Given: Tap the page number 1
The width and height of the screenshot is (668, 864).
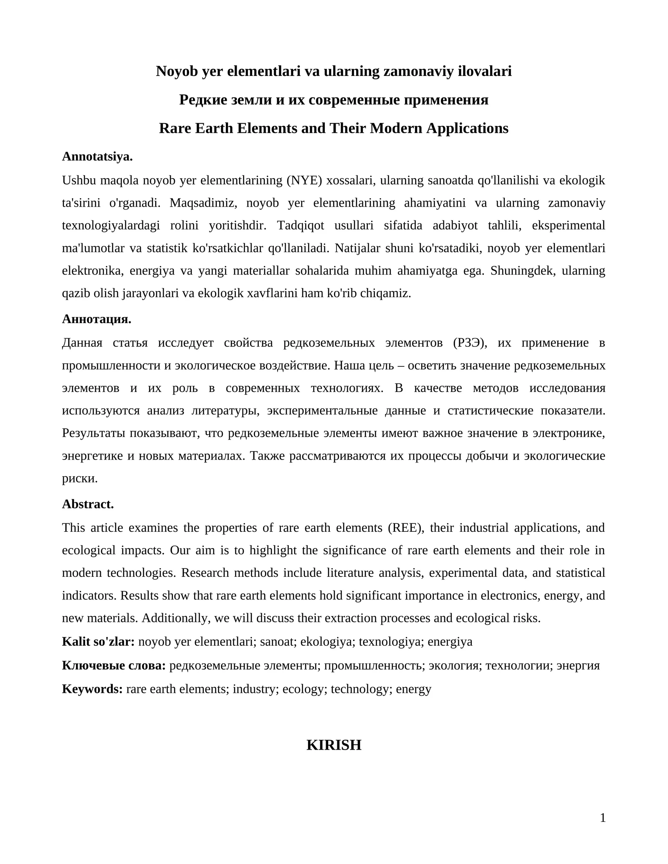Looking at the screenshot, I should point(602,819).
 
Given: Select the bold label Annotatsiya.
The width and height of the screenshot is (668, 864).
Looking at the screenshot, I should point(97,157).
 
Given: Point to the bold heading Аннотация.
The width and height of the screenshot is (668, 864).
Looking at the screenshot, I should point(96,319).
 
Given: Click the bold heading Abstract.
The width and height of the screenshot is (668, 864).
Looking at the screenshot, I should point(88,504).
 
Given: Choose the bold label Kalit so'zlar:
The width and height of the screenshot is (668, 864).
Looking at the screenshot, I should point(98,642).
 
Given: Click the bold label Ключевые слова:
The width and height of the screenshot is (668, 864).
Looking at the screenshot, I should point(114,665).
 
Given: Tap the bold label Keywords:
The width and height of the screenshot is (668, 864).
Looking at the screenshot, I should point(92,689).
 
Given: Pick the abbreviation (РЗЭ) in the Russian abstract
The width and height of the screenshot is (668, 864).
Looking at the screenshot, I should point(470,343).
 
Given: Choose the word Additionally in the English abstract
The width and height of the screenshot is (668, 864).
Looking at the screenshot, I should point(176,618).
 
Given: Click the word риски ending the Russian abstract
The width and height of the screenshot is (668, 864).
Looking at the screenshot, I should point(79,479).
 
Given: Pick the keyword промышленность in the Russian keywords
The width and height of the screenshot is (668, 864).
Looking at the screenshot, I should point(372,665).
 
